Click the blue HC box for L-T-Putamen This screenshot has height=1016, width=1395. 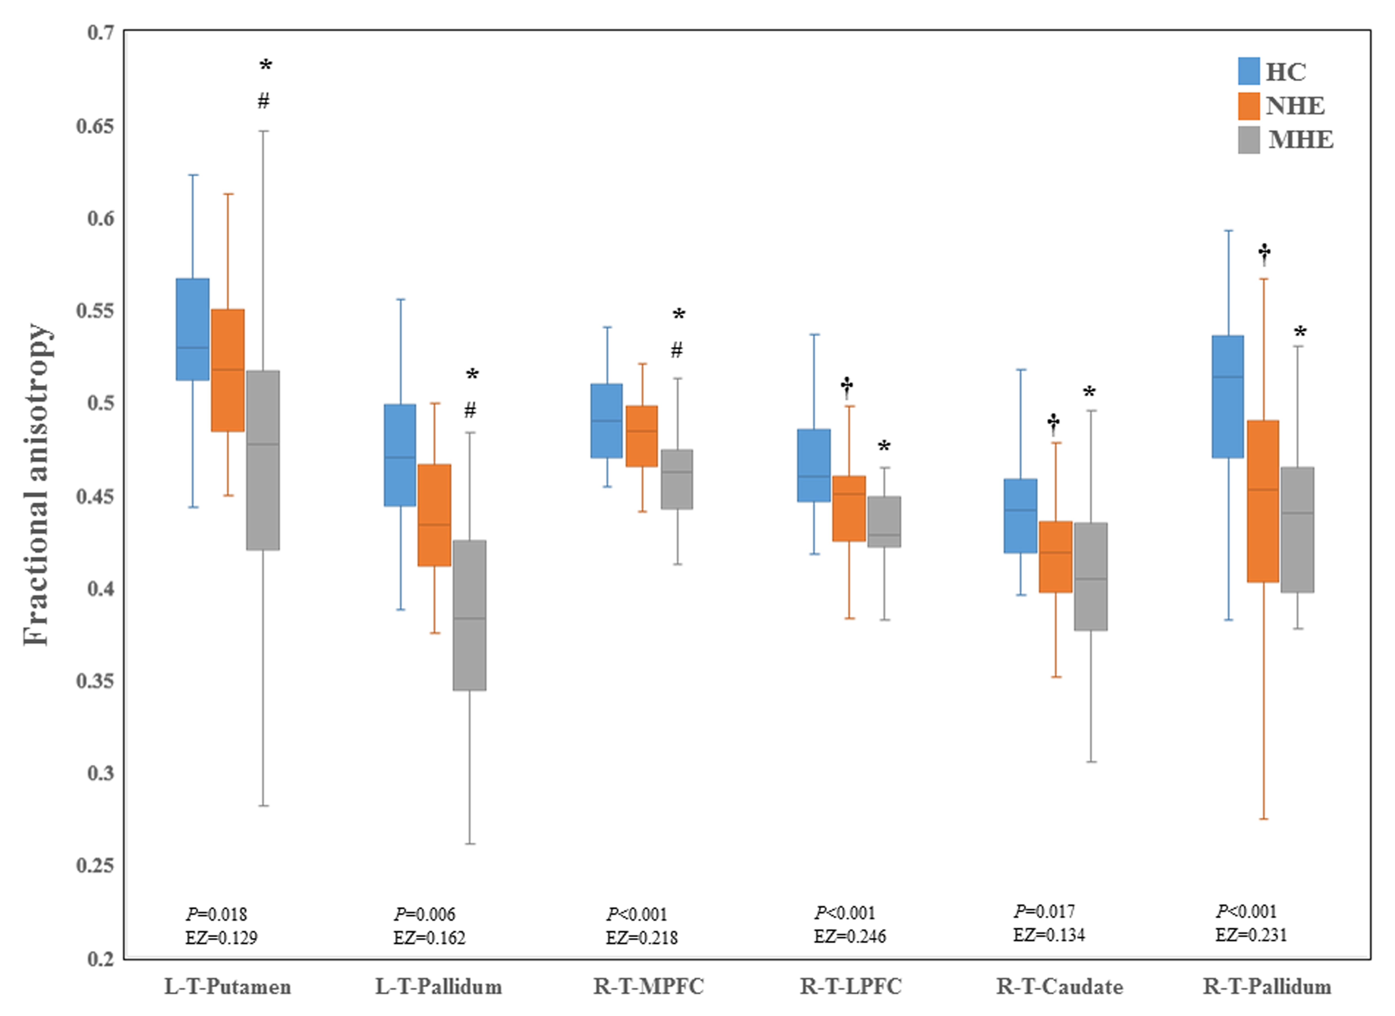click(192, 329)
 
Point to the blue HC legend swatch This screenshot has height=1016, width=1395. click(1249, 71)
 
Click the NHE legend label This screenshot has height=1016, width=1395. click(1295, 106)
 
